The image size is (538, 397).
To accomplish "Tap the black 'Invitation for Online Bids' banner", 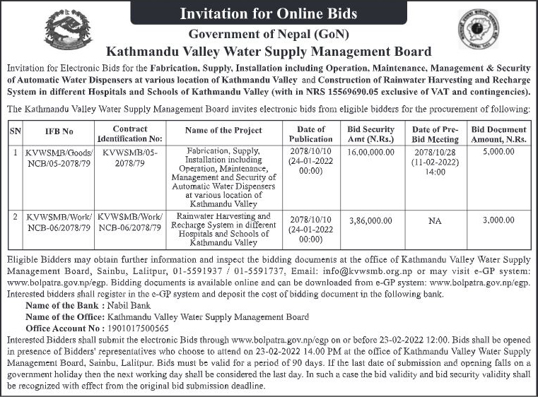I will [269, 13].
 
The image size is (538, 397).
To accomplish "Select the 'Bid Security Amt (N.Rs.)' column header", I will [371, 134].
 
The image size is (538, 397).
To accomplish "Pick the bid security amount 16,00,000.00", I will [371, 153].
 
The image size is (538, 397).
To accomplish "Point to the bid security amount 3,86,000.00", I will [371, 220].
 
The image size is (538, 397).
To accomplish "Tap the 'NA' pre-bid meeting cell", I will [435, 221].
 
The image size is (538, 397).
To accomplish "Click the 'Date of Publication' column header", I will [311, 134].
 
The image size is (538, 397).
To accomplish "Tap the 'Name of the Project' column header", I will [223, 130].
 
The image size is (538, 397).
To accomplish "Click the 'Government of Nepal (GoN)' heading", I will [268, 35].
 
